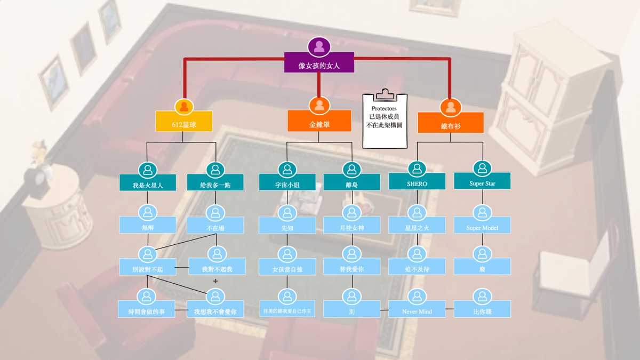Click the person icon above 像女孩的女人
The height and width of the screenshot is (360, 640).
pos(319,47)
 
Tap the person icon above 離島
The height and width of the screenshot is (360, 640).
pos(351,170)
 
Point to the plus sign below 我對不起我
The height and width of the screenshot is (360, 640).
pos(215,281)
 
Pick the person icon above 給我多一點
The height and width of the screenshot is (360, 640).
pos(215,170)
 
